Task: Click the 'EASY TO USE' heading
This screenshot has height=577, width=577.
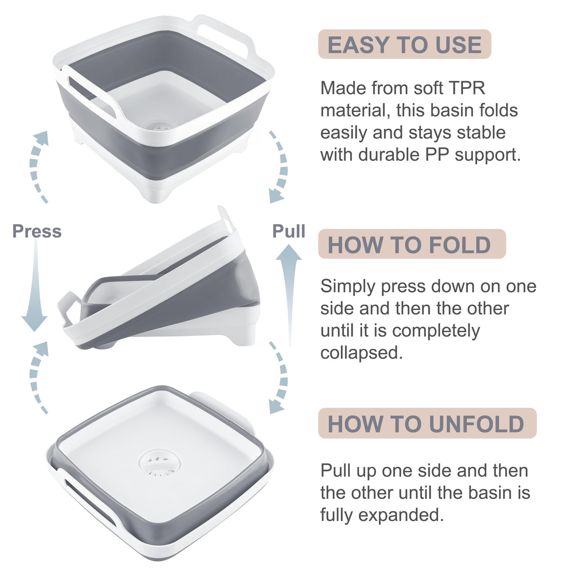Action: [404, 45]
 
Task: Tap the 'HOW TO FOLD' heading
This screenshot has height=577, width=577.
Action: [409, 245]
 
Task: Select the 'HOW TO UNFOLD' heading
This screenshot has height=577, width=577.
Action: [426, 423]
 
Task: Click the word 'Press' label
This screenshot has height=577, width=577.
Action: [37, 231]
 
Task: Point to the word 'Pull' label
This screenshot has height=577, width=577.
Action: [288, 231]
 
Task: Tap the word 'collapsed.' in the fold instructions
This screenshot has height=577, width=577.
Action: [361, 353]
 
